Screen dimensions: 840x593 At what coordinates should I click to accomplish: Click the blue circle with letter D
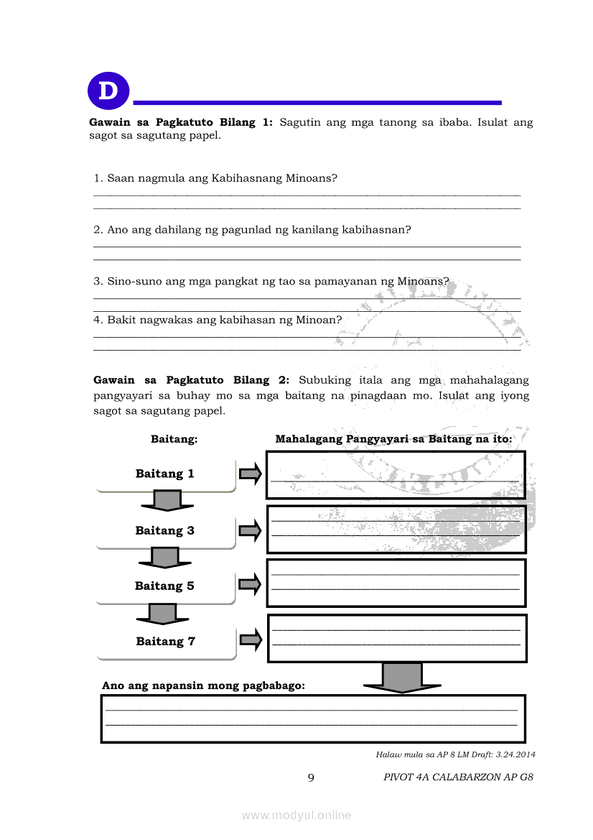[108, 91]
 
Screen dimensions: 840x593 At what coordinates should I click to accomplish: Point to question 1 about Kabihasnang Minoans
[215, 177]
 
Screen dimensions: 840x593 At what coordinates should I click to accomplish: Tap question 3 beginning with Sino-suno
[271, 282]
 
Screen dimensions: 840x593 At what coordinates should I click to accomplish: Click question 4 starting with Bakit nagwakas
[218, 320]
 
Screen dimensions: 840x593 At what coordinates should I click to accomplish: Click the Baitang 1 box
[166, 474]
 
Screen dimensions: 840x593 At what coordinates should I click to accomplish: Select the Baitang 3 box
[166, 531]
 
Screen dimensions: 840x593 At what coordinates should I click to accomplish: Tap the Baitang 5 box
[165, 586]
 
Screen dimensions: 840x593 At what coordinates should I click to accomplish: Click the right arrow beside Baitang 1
[250, 474]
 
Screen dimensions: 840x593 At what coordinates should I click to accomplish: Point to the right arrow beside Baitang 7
[251, 640]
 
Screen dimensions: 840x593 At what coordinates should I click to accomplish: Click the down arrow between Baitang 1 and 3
[167, 500]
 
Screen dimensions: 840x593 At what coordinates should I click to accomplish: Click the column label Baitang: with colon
[174, 439]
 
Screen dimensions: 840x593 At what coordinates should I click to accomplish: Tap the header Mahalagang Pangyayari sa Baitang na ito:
[393, 439]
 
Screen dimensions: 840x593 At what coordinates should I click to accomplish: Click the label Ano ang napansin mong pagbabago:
[203, 686]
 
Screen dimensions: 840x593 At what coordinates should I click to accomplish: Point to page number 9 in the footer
[311, 777]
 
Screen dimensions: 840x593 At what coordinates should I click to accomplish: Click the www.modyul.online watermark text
[296, 816]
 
